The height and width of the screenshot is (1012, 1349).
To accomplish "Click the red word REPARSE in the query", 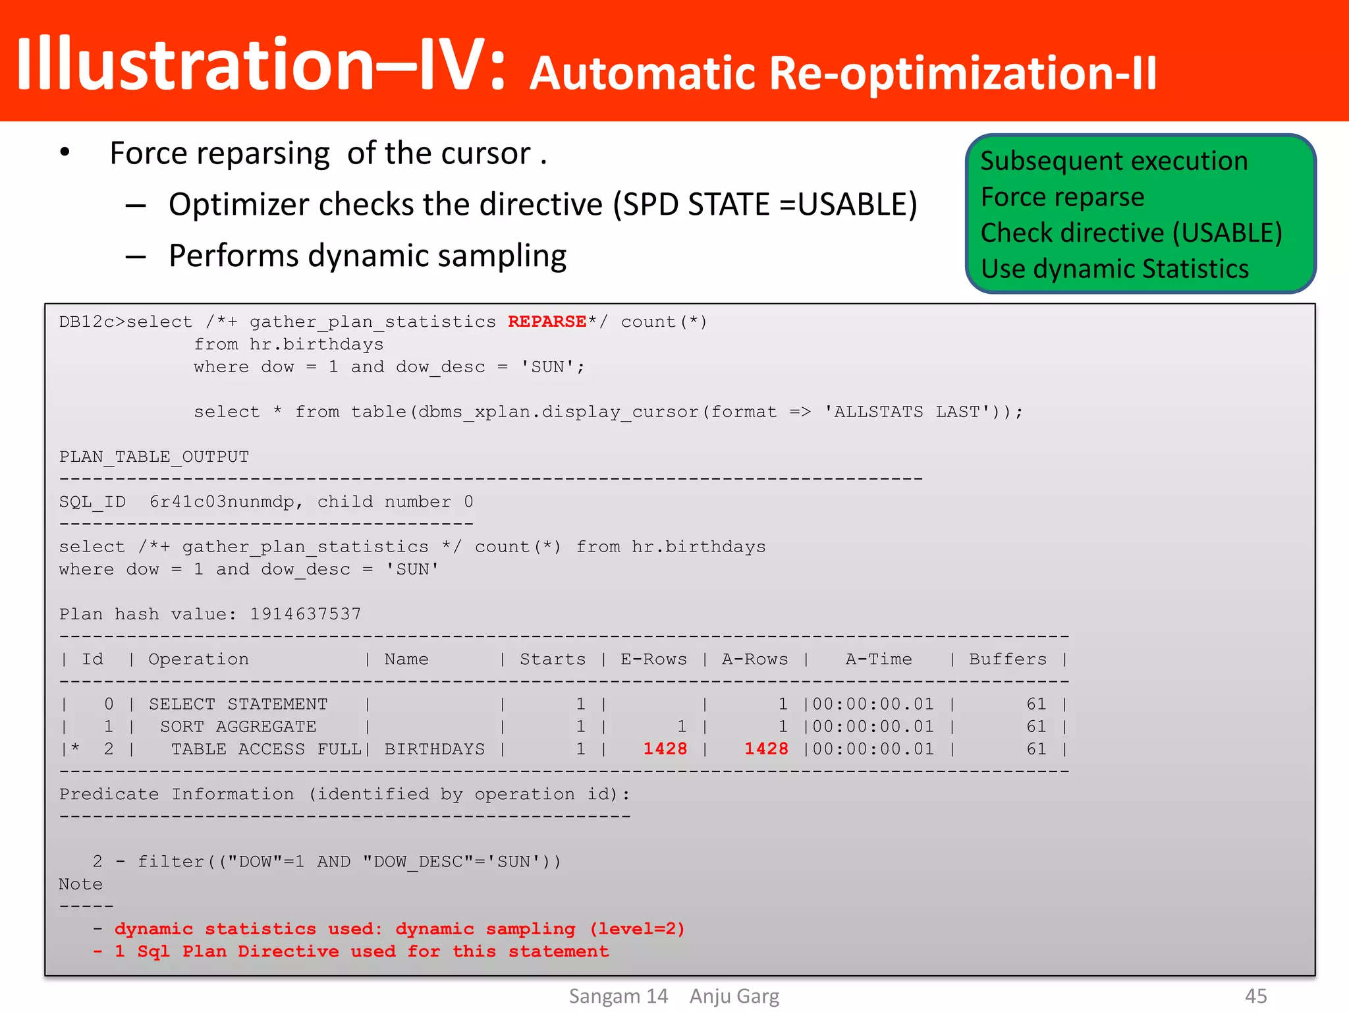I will (x=547, y=322).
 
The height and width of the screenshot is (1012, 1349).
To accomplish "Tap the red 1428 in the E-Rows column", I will (x=665, y=748).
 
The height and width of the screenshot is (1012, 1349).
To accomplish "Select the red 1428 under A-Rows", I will (x=766, y=748).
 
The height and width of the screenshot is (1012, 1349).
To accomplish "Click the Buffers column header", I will (x=1008, y=659).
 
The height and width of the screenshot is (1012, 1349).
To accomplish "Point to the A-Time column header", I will (x=879, y=659).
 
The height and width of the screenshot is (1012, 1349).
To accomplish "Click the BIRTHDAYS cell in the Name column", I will (x=434, y=749).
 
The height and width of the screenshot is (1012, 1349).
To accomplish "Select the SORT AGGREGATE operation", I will (x=238, y=727).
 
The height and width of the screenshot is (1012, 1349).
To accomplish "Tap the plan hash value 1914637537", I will (x=306, y=614).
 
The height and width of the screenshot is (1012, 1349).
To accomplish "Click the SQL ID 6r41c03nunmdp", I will (x=222, y=502).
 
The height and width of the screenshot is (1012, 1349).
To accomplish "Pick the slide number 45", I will (x=1255, y=996).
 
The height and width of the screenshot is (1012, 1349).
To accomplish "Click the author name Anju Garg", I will (x=734, y=996).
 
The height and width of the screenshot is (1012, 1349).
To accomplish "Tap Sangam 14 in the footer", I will (x=618, y=996).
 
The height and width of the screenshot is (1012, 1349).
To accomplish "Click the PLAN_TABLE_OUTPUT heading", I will (x=154, y=457).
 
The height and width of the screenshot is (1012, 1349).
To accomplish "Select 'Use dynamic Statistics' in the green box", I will (x=1115, y=269).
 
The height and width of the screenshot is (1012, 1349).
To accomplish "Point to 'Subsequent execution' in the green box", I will (x=1114, y=161).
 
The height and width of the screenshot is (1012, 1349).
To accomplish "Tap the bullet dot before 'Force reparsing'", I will (x=65, y=153).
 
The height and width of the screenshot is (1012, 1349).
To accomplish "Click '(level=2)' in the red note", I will (x=637, y=929).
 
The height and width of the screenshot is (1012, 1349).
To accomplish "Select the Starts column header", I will (x=552, y=659).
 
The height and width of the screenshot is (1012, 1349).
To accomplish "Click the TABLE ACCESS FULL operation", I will (x=266, y=749).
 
